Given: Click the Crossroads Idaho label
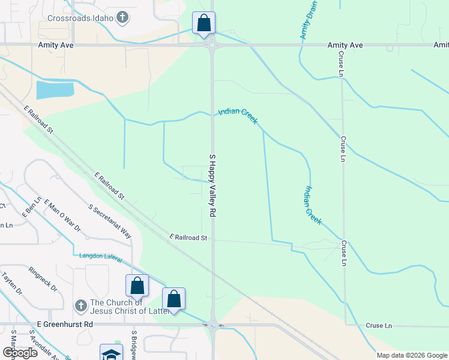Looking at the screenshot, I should (80, 18).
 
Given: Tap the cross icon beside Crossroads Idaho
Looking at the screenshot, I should (122, 17).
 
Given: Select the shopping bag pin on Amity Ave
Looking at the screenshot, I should (203, 23).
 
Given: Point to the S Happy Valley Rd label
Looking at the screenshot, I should (212, 185).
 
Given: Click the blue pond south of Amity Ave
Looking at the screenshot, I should (55, 91).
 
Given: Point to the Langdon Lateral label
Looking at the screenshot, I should (101, 258).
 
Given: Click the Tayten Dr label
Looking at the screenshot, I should (11, 283).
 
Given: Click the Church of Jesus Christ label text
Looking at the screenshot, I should (118, 307).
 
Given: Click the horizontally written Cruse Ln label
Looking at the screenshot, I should (378, 325).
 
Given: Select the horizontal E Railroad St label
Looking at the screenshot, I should (188, 238).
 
